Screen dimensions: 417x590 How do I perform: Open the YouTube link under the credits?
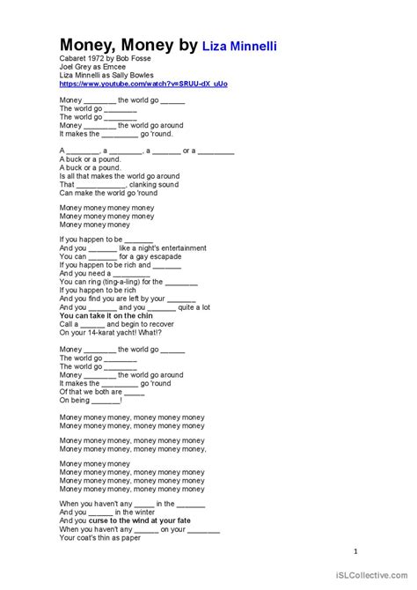[143, 84]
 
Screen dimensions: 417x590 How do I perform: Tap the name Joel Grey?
[77, 67]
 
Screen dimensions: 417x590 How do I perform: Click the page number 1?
[355, 553]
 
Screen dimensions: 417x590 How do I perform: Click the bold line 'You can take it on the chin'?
[106, 314]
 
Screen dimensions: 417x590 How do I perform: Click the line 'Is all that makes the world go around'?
[120, 176]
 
